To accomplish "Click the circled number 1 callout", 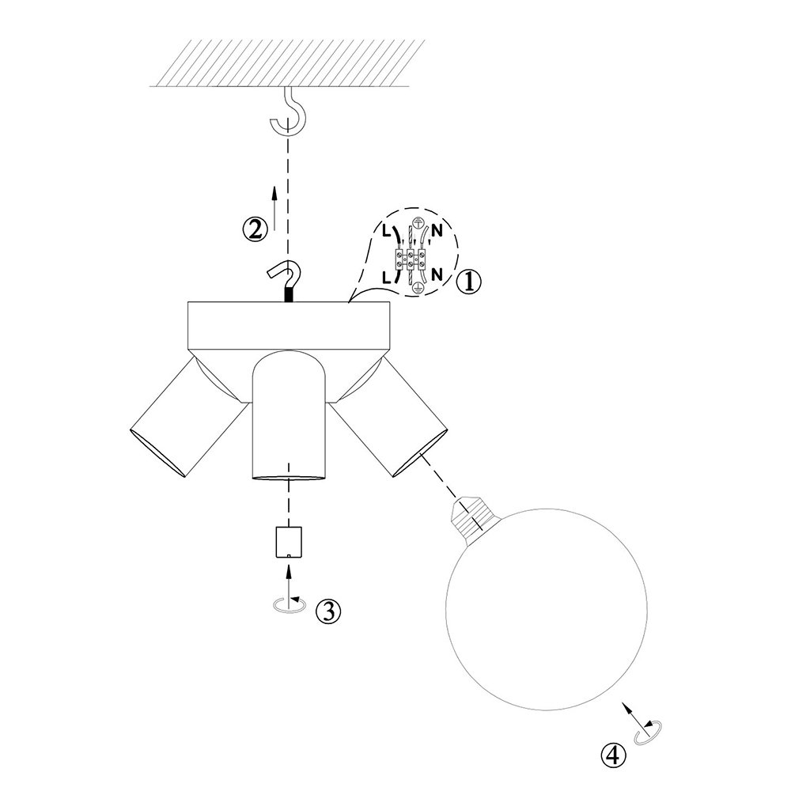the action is point(468,282).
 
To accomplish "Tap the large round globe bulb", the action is point(547,609).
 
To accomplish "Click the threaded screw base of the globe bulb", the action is point(473,520).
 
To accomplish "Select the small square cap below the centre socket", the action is point(289,542).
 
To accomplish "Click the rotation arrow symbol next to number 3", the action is point(289,604).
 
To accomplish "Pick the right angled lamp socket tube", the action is point(388,418).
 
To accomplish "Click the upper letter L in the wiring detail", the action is point(386,232).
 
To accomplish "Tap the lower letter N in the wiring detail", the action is point(437,274).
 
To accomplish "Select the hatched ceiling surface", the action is point(288,62).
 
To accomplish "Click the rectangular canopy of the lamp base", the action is point(289,325).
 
